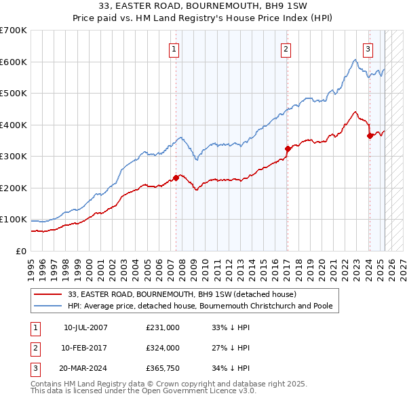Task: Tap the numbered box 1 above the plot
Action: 174,49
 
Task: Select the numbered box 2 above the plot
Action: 286,49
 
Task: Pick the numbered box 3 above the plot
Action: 368,49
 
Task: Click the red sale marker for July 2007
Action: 176,178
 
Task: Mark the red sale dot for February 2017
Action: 288,148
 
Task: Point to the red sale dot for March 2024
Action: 370,136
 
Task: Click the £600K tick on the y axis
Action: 14,62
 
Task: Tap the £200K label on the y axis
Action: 14,188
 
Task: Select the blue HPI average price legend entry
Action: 199,306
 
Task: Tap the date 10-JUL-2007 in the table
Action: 85,327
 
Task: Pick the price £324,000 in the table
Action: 163,348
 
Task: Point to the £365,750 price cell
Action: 163,369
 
